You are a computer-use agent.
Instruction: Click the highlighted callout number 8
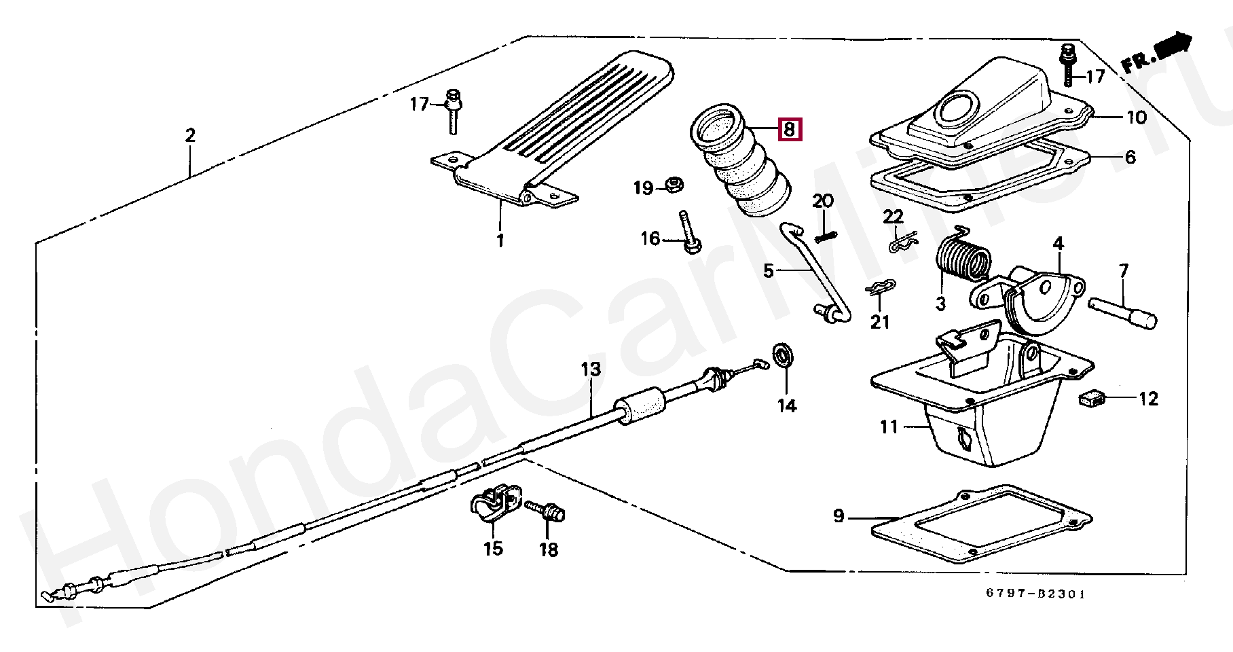[790, 128]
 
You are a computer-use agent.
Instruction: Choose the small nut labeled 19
[673, 184]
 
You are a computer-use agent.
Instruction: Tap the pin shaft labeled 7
[1122, 309]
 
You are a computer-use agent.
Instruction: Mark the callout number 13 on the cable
[591, 370]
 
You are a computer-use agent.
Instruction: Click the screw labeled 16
[688, 234]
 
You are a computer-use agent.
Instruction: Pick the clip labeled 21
[881, 290]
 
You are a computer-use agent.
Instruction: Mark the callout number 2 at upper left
[190, 135]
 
